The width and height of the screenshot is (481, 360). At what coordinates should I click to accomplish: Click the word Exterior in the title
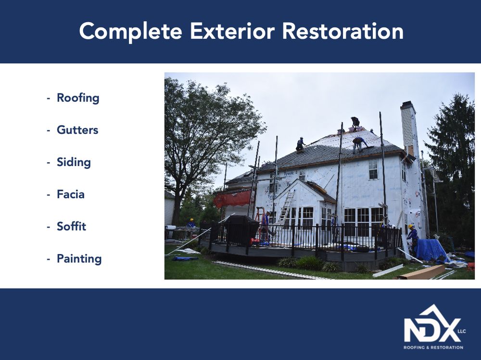coord(232,31)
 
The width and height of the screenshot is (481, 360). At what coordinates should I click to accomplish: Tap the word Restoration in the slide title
coord(342,31)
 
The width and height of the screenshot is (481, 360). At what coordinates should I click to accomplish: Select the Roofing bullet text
coord(78,98)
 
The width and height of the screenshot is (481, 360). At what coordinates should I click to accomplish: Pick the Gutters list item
coord(77,130)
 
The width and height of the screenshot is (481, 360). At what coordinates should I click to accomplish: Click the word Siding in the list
coord(74,162)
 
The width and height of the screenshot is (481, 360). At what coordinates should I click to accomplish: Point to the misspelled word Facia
coord(71,194)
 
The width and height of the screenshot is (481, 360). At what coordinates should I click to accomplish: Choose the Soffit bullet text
coord(71,226)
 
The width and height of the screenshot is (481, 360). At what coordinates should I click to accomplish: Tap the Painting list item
coord(79,258)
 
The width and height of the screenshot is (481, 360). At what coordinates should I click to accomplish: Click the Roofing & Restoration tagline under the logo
coord(433,347)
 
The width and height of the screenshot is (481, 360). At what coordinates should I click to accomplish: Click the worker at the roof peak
coord(355,123)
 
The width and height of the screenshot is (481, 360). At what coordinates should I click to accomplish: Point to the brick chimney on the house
coord(408,127)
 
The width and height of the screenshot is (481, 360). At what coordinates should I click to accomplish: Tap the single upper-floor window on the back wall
coord(373,168)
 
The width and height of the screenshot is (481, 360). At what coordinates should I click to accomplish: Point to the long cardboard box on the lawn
coord(420,272)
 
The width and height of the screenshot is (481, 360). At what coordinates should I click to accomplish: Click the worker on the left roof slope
coord(301,144)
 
